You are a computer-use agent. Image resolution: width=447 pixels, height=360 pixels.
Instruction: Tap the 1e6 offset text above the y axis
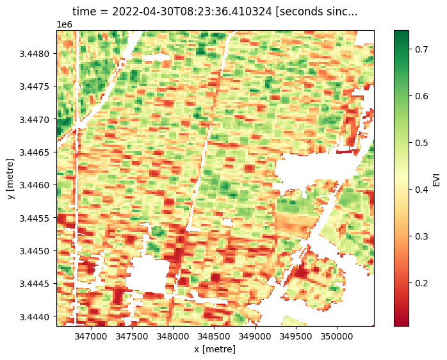[64, 24]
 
